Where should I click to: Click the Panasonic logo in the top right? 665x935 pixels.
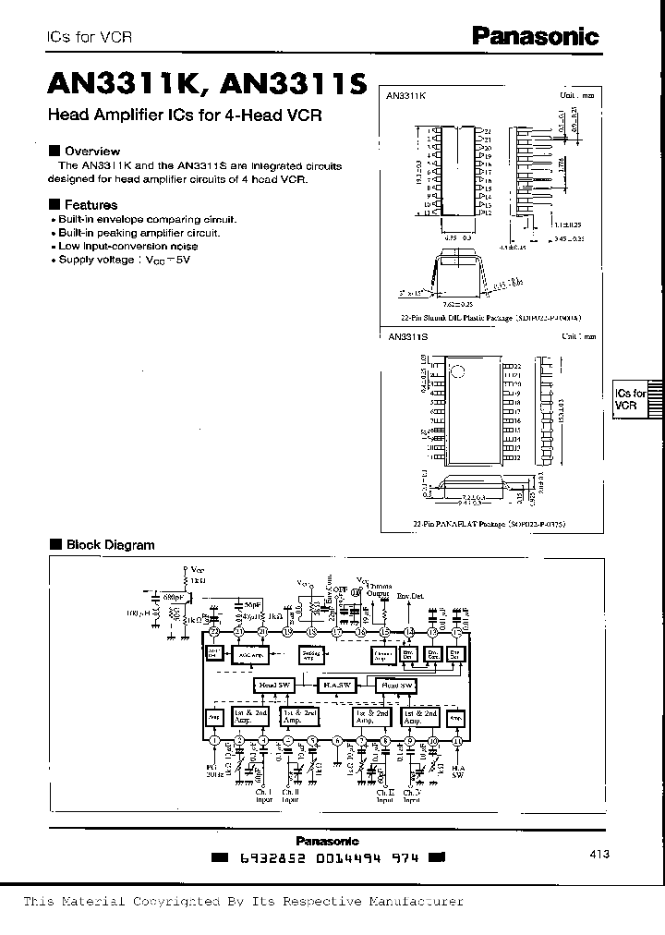535,35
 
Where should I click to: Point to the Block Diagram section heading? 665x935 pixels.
109,545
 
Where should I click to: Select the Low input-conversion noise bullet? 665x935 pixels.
126,247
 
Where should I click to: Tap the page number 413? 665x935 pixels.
598,856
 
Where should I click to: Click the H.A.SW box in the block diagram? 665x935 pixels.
335,685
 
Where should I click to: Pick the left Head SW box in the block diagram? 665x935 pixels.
275,685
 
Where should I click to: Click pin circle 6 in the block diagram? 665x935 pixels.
336,740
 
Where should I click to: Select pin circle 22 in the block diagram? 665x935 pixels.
213,631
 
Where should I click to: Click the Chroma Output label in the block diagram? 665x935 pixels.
380,589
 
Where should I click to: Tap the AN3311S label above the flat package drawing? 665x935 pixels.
407,338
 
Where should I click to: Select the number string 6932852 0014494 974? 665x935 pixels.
330,858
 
